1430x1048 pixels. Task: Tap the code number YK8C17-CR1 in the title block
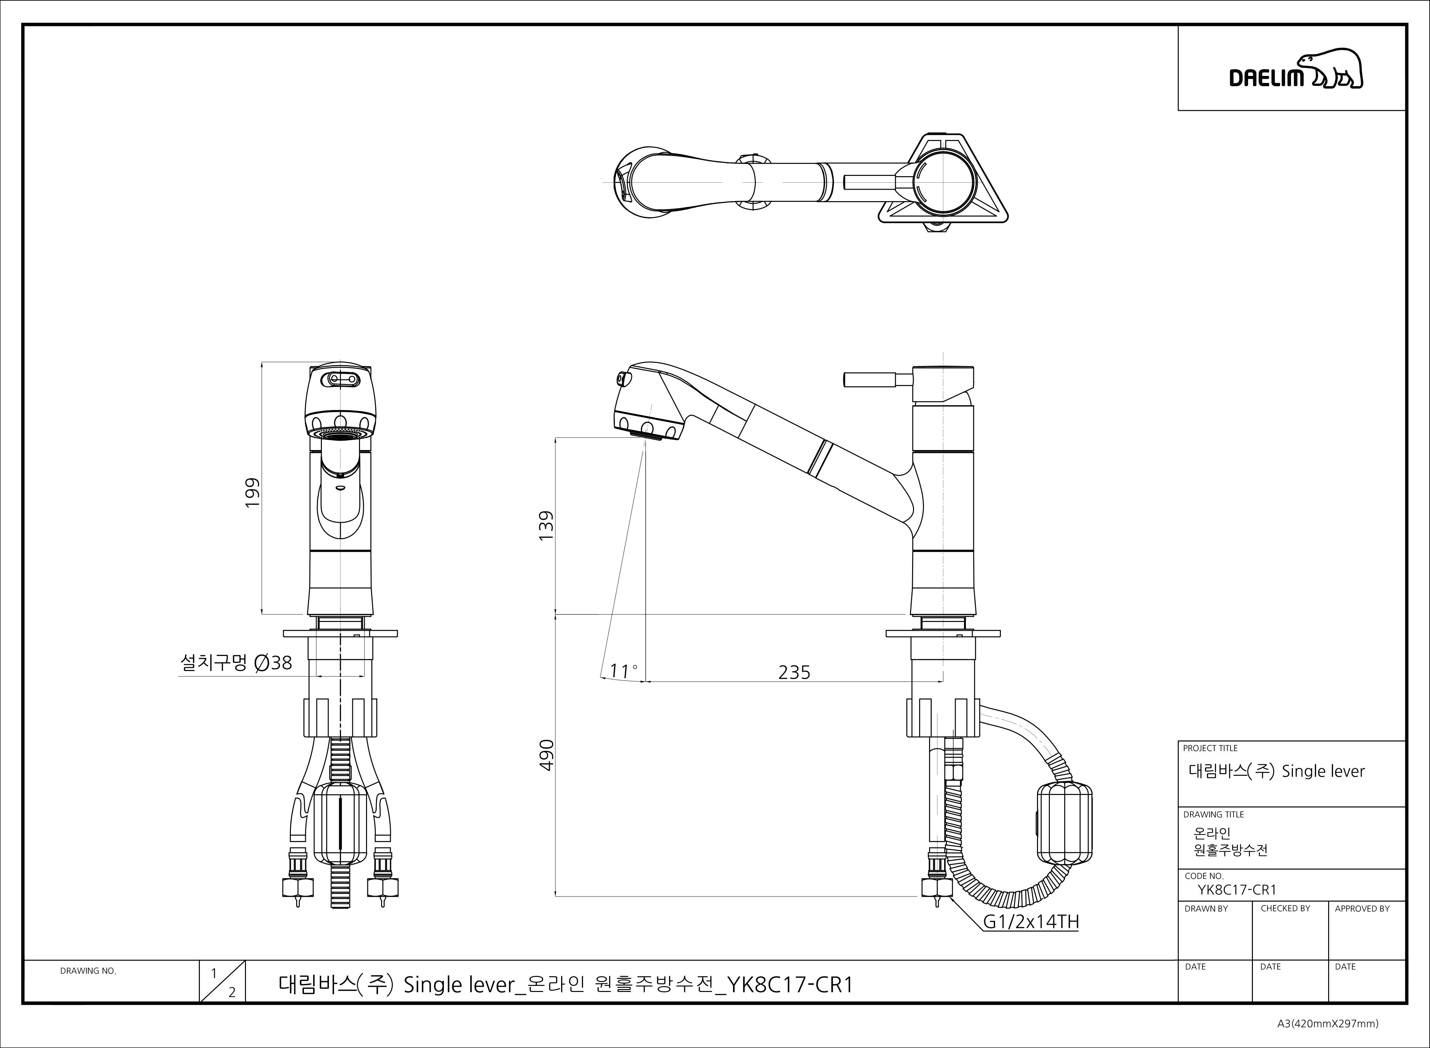(x=1237, y=890)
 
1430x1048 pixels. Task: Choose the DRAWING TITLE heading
(x=1213, y=815)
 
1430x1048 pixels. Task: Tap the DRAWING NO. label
(x=88, y=970)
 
